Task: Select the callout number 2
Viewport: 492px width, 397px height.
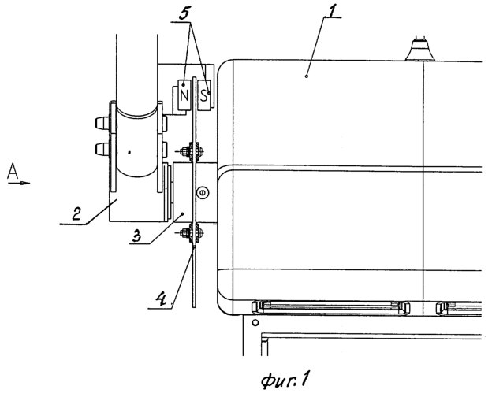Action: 76,214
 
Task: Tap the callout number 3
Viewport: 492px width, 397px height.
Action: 136,236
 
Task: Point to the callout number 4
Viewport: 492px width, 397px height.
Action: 161,299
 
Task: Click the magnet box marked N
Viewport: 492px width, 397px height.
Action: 184,95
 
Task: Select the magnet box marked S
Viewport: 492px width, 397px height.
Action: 204,95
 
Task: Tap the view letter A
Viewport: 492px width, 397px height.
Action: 13,171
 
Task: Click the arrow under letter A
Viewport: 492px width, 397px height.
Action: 19,183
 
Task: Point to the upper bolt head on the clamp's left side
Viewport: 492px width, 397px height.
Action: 102,123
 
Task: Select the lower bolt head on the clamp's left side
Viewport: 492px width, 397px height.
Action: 102,149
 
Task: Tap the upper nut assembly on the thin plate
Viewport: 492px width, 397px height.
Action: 191,152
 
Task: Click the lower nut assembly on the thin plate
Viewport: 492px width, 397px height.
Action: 191,232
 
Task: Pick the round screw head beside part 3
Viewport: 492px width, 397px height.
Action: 203,192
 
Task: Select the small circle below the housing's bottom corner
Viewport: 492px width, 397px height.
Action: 255,322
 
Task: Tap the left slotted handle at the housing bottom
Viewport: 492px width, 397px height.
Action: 330,307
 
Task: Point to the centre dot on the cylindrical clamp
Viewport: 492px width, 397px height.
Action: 129,152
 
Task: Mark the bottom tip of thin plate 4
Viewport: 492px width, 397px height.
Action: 194,306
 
